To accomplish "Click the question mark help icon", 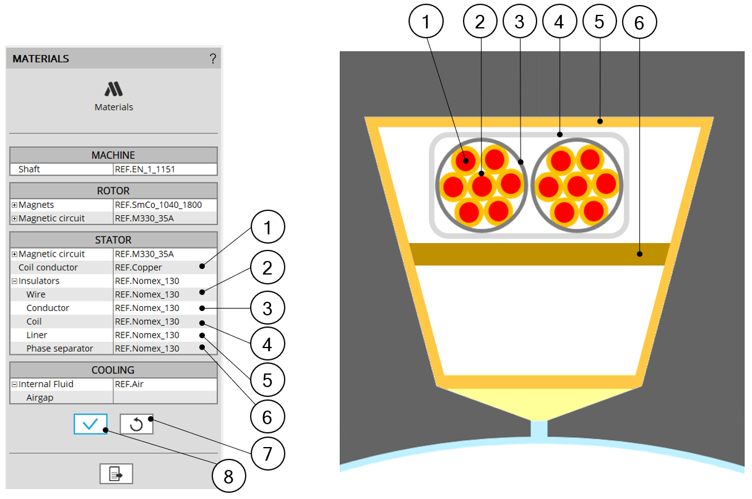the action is click(213, 59).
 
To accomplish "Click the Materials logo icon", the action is click(113, 89).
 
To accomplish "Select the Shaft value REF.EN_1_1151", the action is click(145, 169).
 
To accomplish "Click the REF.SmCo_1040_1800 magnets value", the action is click(158, 205).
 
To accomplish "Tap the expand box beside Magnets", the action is click(14, 205).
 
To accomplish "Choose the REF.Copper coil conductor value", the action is click(138, 267).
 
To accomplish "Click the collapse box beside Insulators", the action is click(14, 281).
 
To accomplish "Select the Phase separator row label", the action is click(60, 348).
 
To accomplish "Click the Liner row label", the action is click(37, 335).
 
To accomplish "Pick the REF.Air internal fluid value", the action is click(129, 384).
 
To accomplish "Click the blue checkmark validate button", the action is click(90, 424).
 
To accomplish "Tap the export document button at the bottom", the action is click(116, 474).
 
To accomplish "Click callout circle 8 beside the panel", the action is click(228, 476).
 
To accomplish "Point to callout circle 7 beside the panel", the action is click(267, 453).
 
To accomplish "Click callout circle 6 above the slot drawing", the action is click(639, 22).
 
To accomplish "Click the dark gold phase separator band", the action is click(540, 254).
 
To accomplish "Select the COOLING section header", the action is click(113, 370).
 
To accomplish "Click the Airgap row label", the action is click(40, 398).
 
